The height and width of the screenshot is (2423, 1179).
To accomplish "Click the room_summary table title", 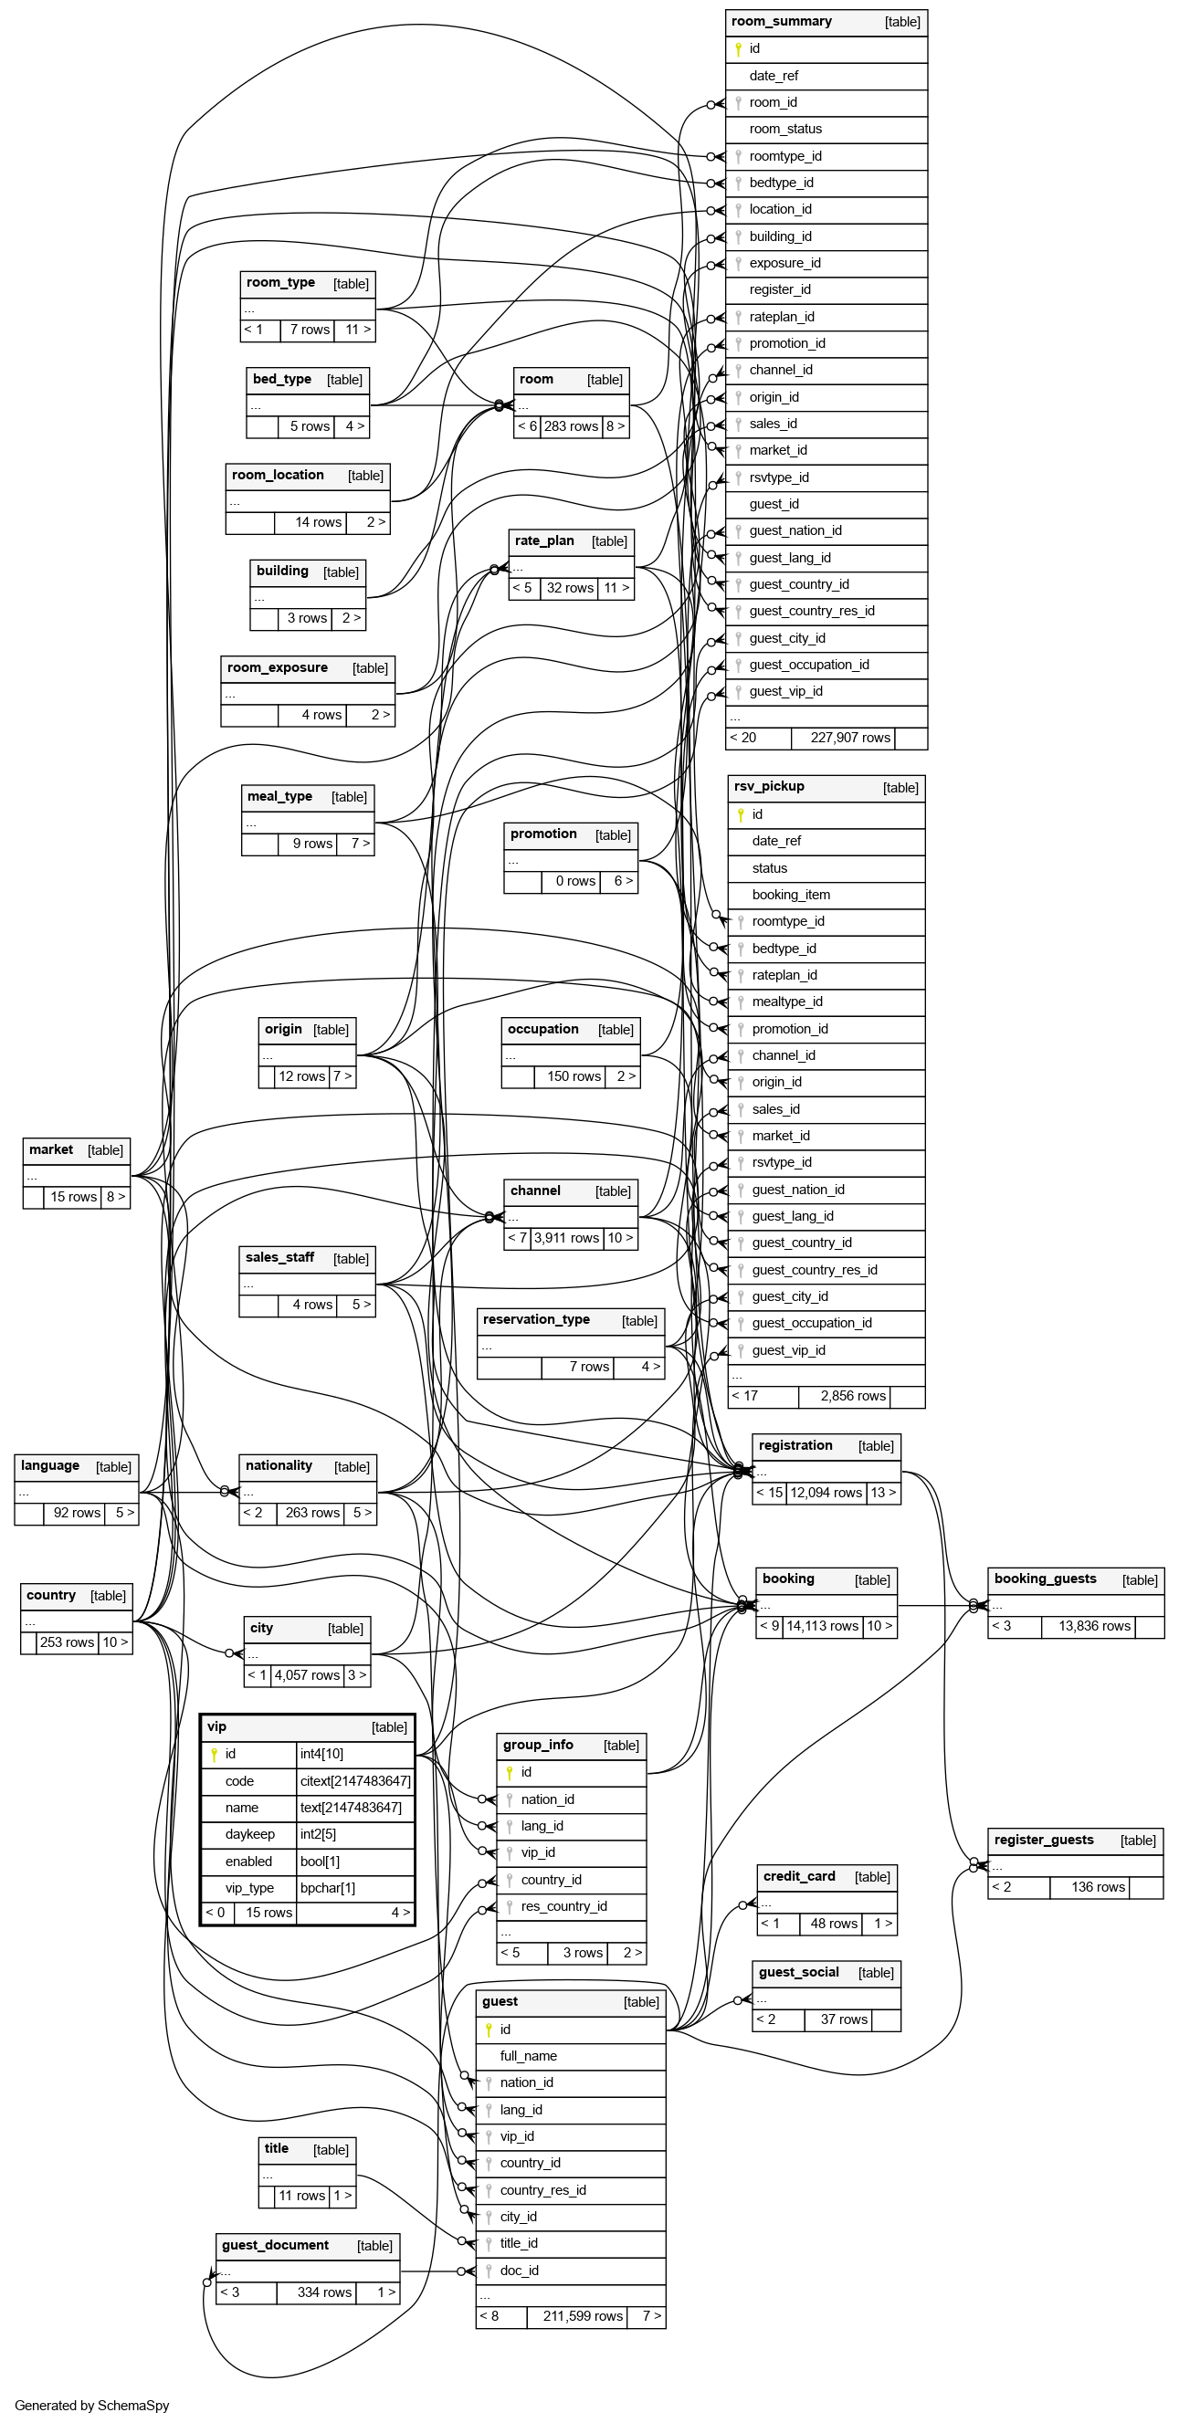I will click(x=781, y=22).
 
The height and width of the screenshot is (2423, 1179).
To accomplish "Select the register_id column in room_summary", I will click(x=779, y=289).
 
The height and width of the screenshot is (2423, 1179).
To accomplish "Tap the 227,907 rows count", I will click(x=849, y=738).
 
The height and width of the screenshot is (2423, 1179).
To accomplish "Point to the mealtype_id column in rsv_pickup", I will click(x=786, y=1002).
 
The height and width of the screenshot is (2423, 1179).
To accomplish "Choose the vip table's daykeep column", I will click(x=249, y=1834).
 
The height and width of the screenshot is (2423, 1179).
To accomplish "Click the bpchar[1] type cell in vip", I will click(x=328, y=1888).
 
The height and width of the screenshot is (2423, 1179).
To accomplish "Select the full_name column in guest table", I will click(x=528, y=2056).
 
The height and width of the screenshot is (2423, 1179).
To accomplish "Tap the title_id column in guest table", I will click(x=519, y=2243).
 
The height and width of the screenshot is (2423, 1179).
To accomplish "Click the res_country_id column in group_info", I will click(x=563, y=1906).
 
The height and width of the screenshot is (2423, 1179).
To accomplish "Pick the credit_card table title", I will click(x=799, y=1876).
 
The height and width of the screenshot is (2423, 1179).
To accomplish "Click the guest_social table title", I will click(x=799, y=1972).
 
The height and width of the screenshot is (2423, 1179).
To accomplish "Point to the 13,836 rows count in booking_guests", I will click(x=1094, y=1626).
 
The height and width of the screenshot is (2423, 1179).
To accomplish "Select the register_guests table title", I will click(x=1044, y=1840).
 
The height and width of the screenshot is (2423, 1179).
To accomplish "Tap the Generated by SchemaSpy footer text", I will click(x=92, y=2405).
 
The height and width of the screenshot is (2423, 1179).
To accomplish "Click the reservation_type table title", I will click(x=536, y=1319).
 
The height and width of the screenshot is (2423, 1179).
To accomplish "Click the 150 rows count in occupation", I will click(x=574, y=1076).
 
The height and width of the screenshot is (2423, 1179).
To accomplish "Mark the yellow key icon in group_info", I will click(x=509, y=1772).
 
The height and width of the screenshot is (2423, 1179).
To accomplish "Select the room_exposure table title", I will click(x=278, y=667).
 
